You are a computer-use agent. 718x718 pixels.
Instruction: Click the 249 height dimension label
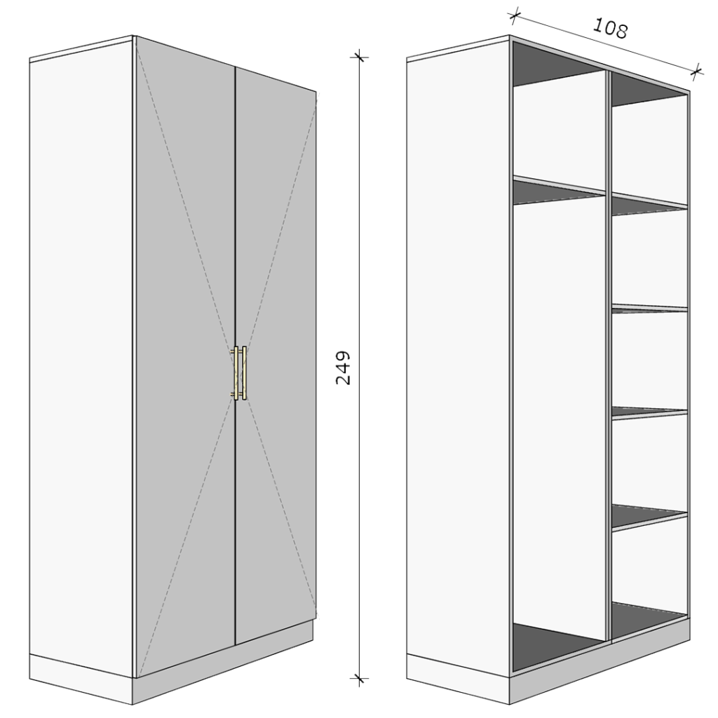[343, 367]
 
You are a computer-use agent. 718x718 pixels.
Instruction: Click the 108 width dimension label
[611, 27]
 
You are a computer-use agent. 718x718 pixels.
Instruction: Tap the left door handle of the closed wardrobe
[236, 373]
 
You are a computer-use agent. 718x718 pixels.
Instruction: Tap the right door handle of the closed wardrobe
[243, 373]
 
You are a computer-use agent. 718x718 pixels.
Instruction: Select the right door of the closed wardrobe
[276, 353]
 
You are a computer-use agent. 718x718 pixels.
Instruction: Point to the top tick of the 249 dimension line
[360, 57]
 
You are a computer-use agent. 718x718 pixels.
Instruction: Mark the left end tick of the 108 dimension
[515, 16]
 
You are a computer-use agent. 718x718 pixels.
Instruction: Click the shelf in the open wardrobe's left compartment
[560, 189]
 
